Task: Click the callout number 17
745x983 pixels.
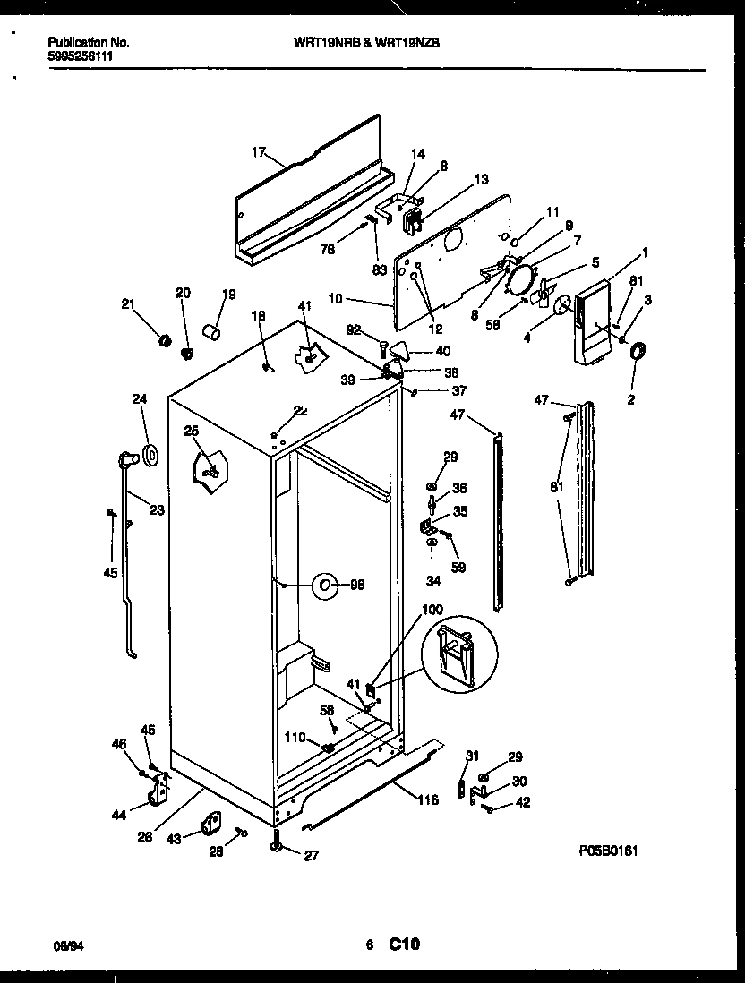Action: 259,152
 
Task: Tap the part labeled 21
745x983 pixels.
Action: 164,340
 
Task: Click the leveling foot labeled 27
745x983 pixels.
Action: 276,844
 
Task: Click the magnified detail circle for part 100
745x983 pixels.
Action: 457,654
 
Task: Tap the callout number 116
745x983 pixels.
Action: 428,800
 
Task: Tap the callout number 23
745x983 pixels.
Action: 157,511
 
